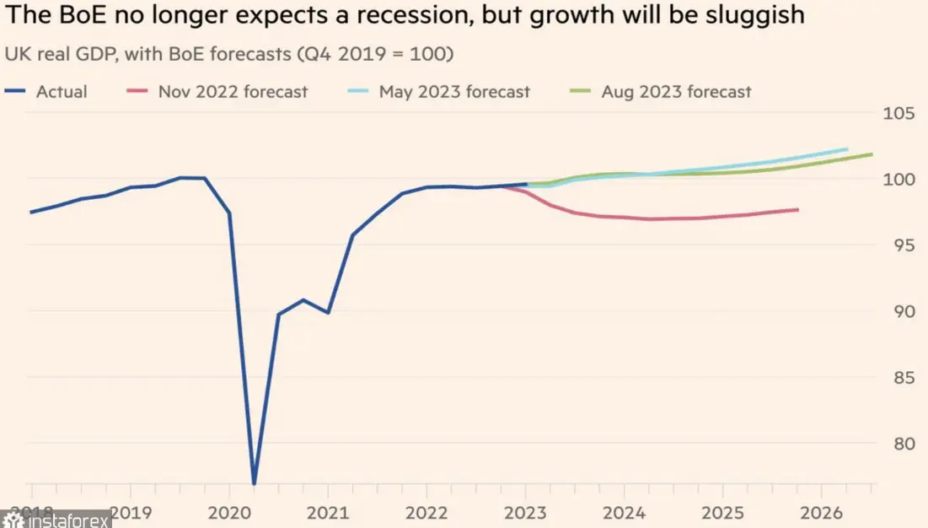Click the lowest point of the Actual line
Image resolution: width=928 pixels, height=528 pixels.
coord(254,484)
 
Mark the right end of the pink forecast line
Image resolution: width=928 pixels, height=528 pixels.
coord(797,209)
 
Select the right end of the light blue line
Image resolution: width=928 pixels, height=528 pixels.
coord(846,149)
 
